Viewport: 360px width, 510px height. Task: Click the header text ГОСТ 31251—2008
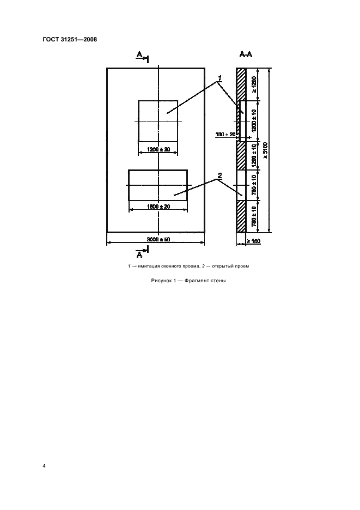70,40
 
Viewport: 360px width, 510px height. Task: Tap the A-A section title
246,54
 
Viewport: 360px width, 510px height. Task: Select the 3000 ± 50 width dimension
158,239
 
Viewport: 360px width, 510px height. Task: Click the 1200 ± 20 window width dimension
158,150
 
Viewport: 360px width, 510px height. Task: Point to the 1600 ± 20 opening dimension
158,207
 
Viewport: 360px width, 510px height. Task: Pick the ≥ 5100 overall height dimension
265,150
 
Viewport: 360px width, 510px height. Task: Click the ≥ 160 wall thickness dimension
254,241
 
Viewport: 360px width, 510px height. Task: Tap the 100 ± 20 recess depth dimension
225,134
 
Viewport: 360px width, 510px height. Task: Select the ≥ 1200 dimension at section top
254,84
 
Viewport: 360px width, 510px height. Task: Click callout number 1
220,78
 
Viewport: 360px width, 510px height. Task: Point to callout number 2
220,175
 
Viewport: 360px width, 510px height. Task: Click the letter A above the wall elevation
139,55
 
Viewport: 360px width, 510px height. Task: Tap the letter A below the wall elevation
139,254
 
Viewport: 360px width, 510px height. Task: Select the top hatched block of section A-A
241,84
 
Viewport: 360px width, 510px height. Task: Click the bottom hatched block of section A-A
241,216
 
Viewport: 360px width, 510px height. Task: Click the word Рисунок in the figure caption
158,281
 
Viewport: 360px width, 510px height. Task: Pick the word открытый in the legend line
222,266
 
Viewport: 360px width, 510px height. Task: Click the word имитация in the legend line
149,266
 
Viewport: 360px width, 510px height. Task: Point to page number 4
44,466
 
